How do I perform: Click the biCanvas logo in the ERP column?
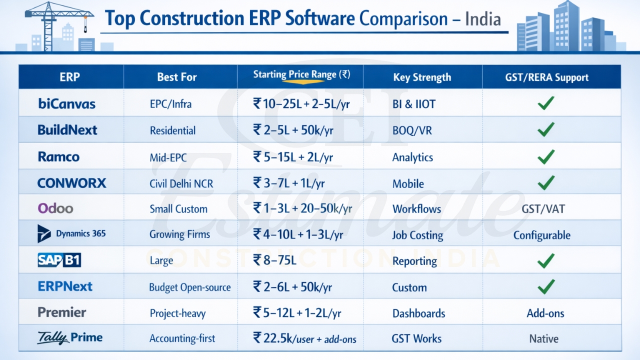[66, 104]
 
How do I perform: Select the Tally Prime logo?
[69, 338]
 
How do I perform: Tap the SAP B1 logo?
[59, 260]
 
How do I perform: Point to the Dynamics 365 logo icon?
[44, 233]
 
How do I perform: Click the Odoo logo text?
[55, 208]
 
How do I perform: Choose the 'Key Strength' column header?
[422, 77]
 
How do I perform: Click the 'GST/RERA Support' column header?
[546, 77]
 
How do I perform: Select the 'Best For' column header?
[176, 77]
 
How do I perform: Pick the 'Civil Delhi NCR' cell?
[181, 183]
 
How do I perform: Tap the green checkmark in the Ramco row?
[545, 156]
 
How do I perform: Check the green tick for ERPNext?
[545, 286]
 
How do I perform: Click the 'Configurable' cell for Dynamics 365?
[541, 235]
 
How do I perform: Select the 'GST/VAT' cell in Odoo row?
[543, 208]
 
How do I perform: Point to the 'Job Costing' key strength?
[417, 235]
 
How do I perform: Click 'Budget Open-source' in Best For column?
[190, 287]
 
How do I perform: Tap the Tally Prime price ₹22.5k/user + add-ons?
[304, 338]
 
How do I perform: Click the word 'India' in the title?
[482, 19]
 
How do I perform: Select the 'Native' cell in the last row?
[543, 339]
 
